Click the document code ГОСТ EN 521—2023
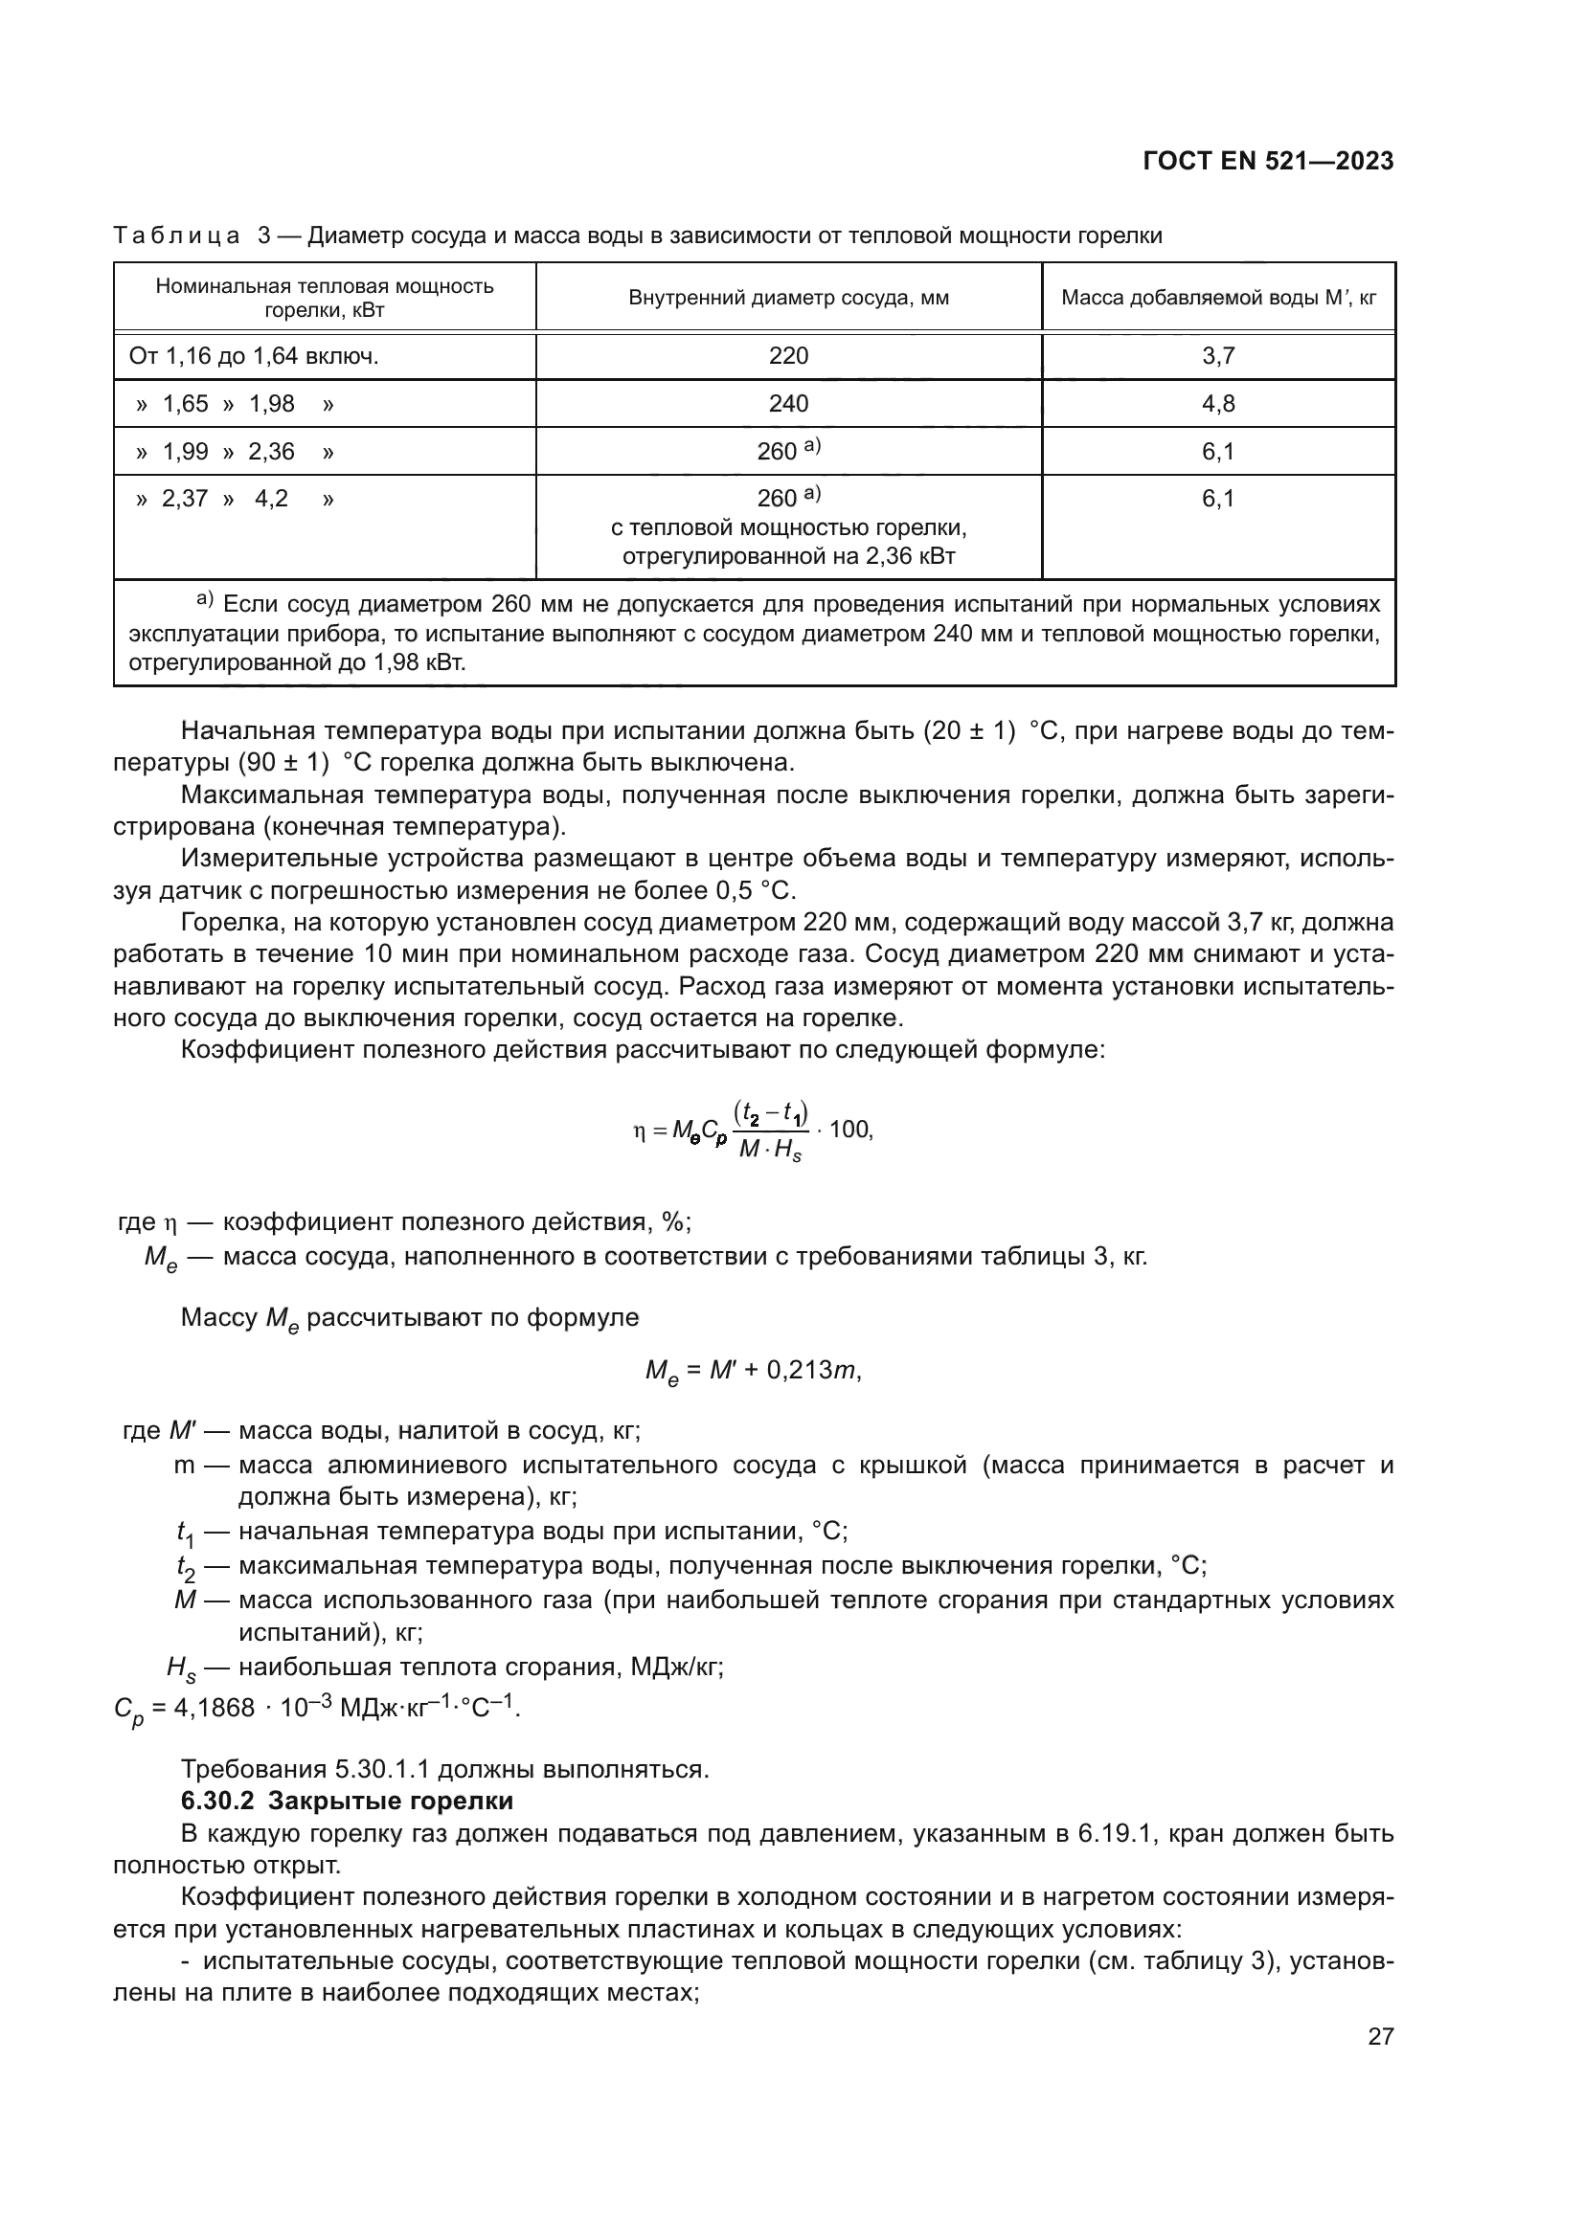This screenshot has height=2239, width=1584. [x=1268, y=162]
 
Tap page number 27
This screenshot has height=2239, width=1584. [x=1380, y=2036]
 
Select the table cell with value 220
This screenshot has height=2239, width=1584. [x=788, y=356]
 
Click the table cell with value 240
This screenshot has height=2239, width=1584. [x=788, y=404]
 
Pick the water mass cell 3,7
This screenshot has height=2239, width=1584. [x=1218, y=356]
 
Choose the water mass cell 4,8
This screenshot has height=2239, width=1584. [x=1218, y=404]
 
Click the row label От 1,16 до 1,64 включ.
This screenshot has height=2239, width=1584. [x=254, y=356]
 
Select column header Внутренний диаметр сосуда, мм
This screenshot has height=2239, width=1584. [x=788, y=298]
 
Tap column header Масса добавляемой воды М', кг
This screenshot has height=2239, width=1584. [x=1218, y=298]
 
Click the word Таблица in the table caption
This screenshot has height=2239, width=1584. [x=176, y=236]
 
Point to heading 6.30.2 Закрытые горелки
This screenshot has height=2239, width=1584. [x=348, y=1801]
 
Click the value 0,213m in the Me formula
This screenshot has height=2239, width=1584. [x=812, y=1370]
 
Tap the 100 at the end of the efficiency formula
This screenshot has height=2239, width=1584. [x=849, y=1130]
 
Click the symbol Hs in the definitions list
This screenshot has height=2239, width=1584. [x=181, y=1668]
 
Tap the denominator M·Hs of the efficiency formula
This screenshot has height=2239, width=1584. [x=770, y=1150]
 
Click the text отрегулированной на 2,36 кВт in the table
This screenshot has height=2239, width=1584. [x=788, y=557]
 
